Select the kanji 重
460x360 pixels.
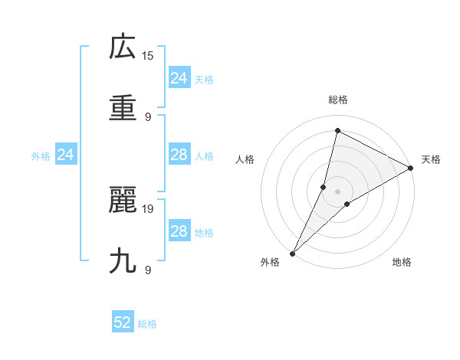click(x=123, y=108)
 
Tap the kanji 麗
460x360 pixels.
click(x=123, y=201)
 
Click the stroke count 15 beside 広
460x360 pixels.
click(x=148, y=55)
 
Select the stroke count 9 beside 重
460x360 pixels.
click(x=148, y=116)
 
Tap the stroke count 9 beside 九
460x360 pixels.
click(x=148, y=270)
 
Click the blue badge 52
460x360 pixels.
click(x=123, y=322)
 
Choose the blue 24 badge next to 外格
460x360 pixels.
click(x=66, y=155)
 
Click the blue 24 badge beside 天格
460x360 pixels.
click(x=179, y=78)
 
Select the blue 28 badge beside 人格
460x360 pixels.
click(x=179, y=155)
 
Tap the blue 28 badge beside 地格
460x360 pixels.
click(x=179, y=231)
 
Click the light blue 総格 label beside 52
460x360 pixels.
click(x=147, y=324)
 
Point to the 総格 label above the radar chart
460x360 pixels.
click(x=338, y=100)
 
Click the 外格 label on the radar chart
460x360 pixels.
click(x=270, y=263)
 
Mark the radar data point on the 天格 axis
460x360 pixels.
click(x=411, y=169)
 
